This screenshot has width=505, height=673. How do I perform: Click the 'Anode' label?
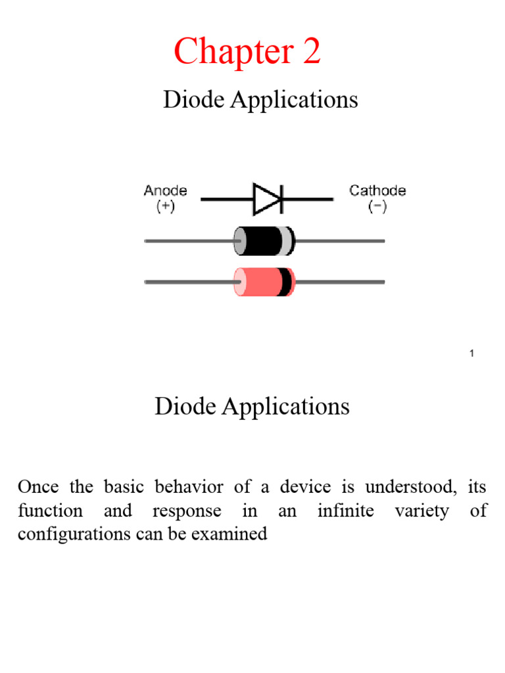tap(165, 191)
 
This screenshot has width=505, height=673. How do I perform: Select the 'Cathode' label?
tap(377, 191)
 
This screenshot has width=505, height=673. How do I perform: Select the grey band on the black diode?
tap(287, 241)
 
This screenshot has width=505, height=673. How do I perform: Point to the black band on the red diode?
tap(285, 282)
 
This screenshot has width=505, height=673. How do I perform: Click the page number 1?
tap(472, 354)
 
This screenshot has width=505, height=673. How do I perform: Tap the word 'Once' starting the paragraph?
tap(38, 487)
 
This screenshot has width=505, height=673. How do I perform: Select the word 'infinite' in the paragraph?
tap(346, 511)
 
